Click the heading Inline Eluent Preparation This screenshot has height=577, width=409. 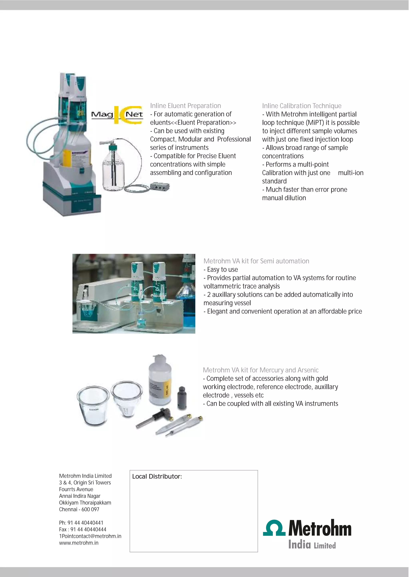185,106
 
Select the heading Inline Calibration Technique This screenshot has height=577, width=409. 302,106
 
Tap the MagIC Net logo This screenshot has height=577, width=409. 117,115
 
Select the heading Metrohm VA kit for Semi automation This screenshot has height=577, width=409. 256,261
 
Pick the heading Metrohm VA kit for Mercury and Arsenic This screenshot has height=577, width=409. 260,370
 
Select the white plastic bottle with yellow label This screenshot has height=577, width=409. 160,380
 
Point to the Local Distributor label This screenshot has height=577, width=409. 157,476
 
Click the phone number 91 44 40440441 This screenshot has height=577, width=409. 85,523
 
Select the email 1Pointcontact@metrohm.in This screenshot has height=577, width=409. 90,536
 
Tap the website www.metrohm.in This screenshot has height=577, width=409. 78,543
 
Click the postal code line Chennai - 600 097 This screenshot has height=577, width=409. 79,509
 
